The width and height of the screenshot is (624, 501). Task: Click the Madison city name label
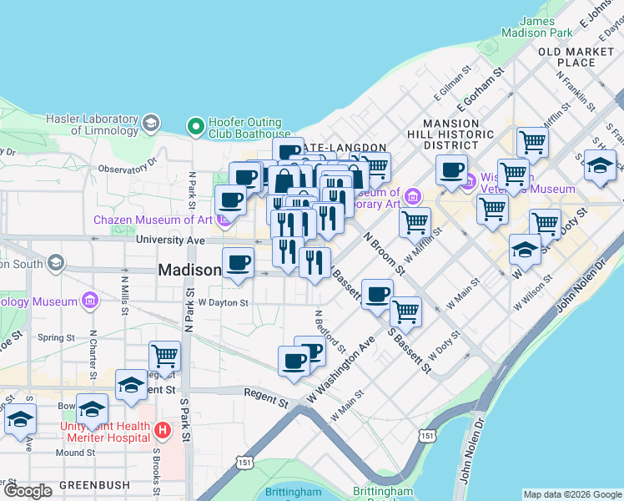(189, 270)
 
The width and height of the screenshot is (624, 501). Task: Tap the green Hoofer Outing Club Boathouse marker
(196, 126)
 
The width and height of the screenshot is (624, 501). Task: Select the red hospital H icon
(164, 431)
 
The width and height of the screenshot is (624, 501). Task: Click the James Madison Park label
(546, 27)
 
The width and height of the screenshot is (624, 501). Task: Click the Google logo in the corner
(28, 491)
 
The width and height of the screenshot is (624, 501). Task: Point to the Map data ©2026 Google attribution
(571, 494)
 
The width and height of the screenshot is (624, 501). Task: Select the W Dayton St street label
(223, 302)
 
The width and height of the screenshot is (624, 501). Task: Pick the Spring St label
(57, 338)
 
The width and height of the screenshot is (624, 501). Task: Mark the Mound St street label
(76, 453)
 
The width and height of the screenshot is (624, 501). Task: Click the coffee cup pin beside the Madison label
(238, 263)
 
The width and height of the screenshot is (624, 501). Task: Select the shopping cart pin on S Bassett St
(405, 311)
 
